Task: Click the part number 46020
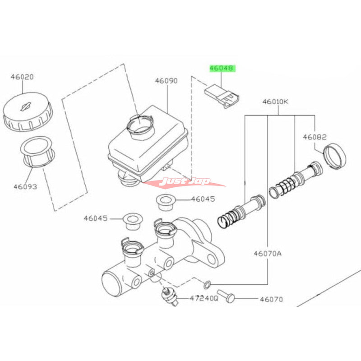pos(22,77)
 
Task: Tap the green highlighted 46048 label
pos(222,69)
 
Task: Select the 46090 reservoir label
pos(167,81)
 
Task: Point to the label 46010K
pos(275,102)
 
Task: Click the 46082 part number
pos(315,137)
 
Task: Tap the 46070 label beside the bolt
pos(270,298)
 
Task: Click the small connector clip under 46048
pos(221,96)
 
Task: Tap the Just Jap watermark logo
pos(187,181)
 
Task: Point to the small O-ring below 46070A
pos(207,284)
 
